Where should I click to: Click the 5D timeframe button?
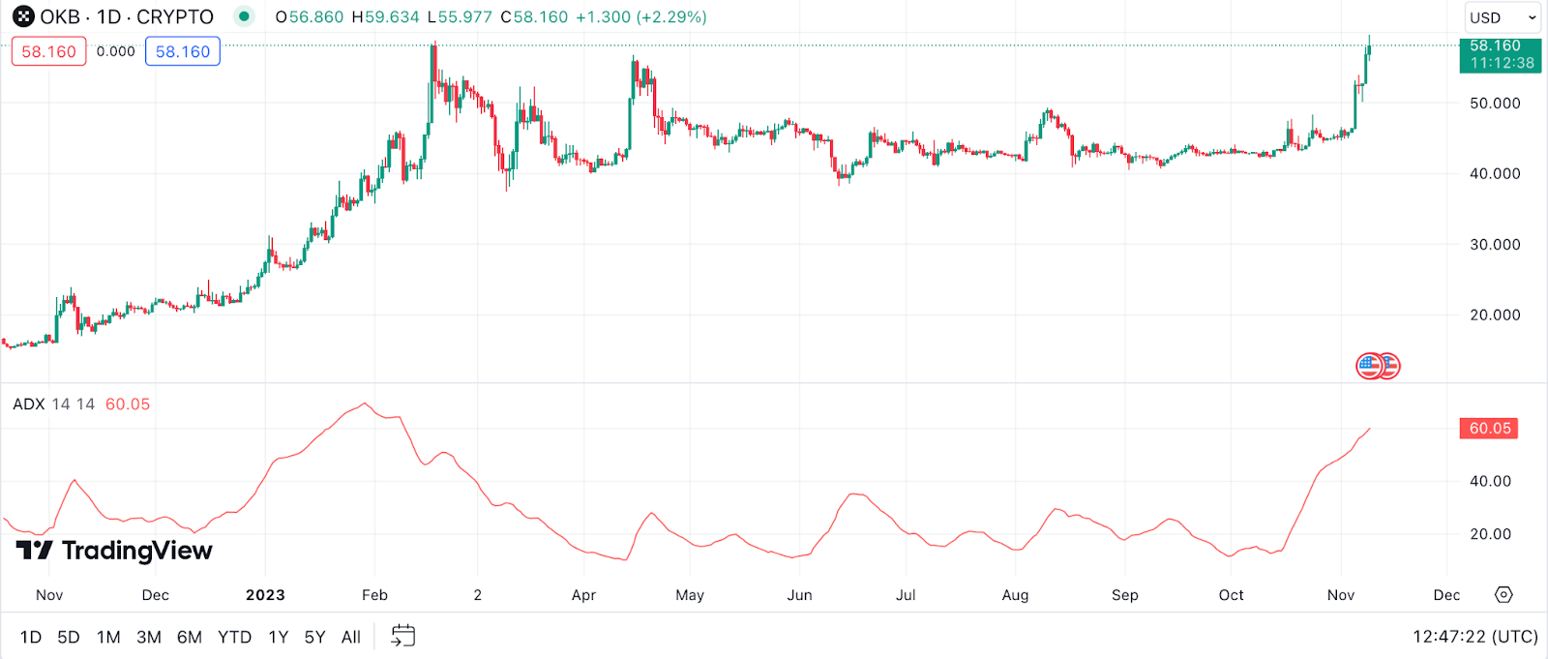(68, 637)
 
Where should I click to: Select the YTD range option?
(234, 637)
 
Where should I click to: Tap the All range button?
(351, 637)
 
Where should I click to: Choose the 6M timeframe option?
(190, 637)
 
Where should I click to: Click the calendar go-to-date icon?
(403, 636)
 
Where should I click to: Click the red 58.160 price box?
(48, 51)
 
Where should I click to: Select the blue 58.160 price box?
(183, 51)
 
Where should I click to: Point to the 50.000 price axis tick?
(1495, 104)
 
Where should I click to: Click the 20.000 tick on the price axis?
(1495, 315)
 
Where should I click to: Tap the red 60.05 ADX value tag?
(1489, 429)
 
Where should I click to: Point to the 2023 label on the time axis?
(265, 595)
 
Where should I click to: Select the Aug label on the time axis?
(1015, 595)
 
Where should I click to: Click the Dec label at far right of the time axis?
(1446, 595)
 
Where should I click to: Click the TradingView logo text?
(135, 551)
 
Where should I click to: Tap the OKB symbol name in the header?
(59, 17)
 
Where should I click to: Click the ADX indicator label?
(29, 404)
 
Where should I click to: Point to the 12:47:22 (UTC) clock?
(1474, 637)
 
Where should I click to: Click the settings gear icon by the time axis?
(1503, 595)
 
